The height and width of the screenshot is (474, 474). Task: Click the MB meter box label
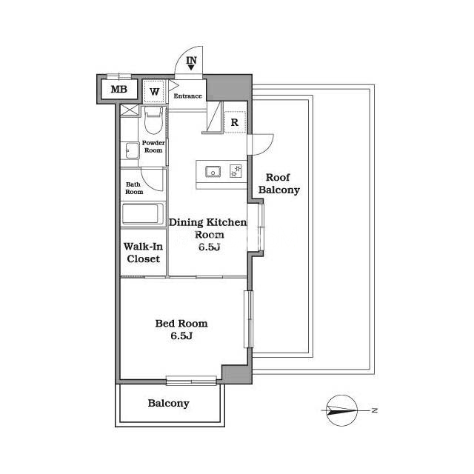(119, 89)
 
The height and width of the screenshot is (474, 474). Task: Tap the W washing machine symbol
(154, 91)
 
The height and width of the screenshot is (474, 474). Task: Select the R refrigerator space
(235, 122)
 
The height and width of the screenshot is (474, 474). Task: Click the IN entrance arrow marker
(191, 63)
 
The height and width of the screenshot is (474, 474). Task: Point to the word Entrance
(187, 96)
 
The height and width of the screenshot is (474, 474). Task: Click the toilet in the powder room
(153, 120)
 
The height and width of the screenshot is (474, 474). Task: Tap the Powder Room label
(153, 147)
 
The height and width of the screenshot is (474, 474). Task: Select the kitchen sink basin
(213, 172)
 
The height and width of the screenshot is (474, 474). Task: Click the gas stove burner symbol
(236, 171)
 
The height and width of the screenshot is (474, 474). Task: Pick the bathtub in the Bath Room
(143, 214)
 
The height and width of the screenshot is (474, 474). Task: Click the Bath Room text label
(134, 188)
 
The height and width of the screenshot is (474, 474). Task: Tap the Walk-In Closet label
(143, 253)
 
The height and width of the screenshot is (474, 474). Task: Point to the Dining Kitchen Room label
(208, 235)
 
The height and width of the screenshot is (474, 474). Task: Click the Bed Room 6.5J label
(181, 330)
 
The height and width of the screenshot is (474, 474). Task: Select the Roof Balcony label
(279, 184)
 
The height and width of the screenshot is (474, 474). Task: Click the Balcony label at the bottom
(168, 403)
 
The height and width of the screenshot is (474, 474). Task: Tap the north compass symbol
(342, 410)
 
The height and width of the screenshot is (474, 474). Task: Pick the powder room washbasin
(130, 150)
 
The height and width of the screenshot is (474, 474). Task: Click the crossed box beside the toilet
(130, 110)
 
